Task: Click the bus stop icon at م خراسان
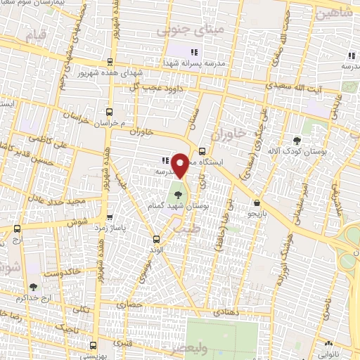click(109, 112)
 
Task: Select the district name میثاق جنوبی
click(182, 31)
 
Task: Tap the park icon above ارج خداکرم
click(34, 287)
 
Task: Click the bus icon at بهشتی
click(96, 345)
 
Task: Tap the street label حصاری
click(133, 304)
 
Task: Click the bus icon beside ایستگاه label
click(202, 150)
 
